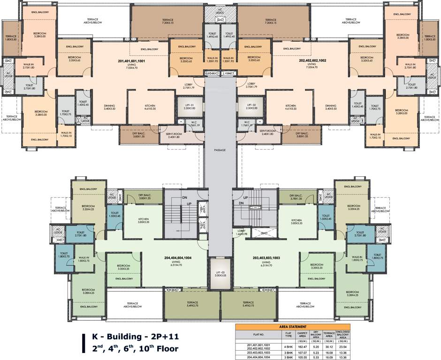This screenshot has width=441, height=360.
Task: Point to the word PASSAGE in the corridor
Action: click(x=220, y=150)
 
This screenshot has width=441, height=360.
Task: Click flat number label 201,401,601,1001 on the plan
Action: click(x=133, y=60)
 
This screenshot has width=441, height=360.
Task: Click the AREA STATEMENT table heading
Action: click(x=293, y=326)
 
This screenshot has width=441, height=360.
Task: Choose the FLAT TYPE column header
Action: click(x=288, y=335)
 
